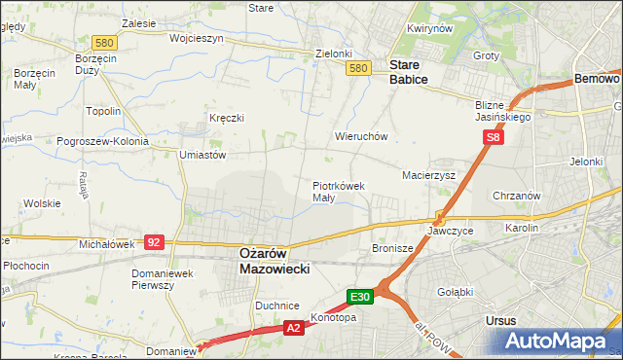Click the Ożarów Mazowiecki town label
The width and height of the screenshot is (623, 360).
(x=275, y=260)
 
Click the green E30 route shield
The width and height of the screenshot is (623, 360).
(x=359, y=296)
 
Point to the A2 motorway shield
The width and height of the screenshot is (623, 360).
(x=293, y=330)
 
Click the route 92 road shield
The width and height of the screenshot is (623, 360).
(x=153, y=241)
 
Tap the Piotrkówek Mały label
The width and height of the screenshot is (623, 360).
(x=338, y=191)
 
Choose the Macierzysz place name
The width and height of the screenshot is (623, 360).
(x=429, y=175)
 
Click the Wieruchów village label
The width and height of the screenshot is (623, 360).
(x=361, y=137)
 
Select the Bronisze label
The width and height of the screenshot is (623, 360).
(x=393, y=249)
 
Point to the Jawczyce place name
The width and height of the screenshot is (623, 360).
(x=450, y=232)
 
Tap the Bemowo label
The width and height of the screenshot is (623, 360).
(x=597, y=77)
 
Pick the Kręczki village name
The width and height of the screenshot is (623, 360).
(x=226, y=118)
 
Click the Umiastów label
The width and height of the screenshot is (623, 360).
(x=202, y=154)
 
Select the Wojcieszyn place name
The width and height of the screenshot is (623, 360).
(x=197, y=39)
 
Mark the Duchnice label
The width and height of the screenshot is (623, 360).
(x=275, y=305)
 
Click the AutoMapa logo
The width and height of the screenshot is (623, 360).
(x=556, y=341)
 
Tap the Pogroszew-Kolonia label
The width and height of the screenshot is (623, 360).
(x=102, y=141)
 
